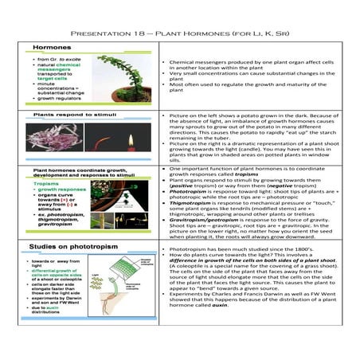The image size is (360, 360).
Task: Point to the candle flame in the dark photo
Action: pyautogui.click(x=127, y=140)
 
